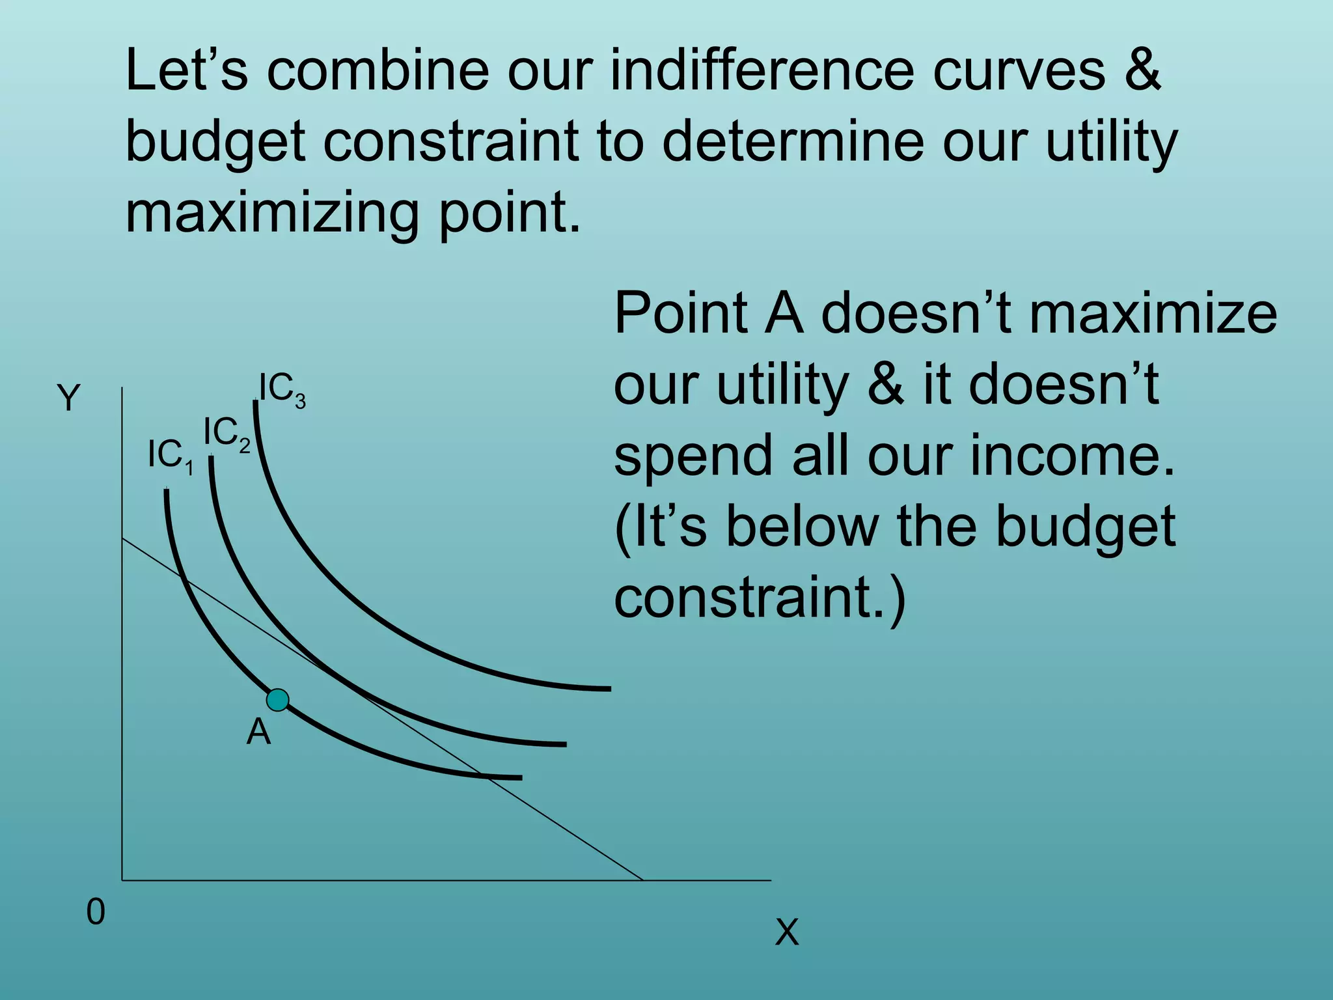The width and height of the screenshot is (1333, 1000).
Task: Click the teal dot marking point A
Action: pyautogui.click(x=278, y=700)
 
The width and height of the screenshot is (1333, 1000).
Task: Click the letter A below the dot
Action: pyautogui.click(x=258, y=732)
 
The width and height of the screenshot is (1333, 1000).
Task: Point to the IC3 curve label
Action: pyautogui.click(x=282, y=389)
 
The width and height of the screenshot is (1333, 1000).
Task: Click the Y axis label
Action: pyautogui.click(x=68, y=398)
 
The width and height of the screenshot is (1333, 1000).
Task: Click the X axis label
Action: pyautogui.click(x=787, y=932)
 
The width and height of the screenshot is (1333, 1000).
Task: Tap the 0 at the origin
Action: pyautogui.click(x=96, y=912)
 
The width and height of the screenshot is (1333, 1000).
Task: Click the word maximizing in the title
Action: pyautogui.click(x=272, y=212)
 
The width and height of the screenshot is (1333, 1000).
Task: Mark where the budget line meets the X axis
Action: pyautogui.click(x=642, y=880)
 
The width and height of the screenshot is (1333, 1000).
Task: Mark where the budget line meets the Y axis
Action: pyautogui.click(x=122, y=538)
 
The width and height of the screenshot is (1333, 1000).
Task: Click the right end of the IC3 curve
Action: pyautogui.click(x=609, y=688)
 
